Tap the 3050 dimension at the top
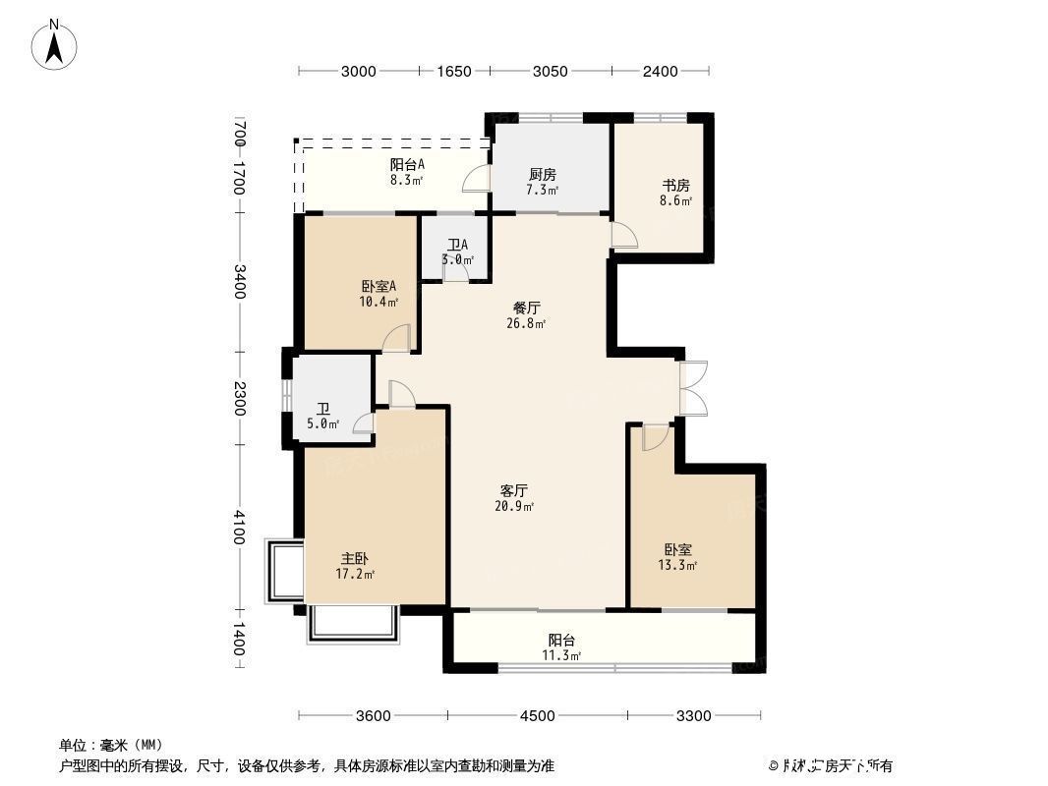550,71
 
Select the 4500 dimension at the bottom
537,715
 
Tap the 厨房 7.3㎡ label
542,182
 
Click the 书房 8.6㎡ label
674,193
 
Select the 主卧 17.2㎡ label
355,565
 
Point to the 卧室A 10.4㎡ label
378,294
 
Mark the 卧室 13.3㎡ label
677,557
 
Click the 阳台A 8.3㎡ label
406,172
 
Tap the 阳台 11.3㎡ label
561,647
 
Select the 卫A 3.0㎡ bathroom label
457,253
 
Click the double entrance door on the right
692,389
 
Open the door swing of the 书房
623,236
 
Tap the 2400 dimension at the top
661,71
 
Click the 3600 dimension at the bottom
374,715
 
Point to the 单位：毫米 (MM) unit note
111,745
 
